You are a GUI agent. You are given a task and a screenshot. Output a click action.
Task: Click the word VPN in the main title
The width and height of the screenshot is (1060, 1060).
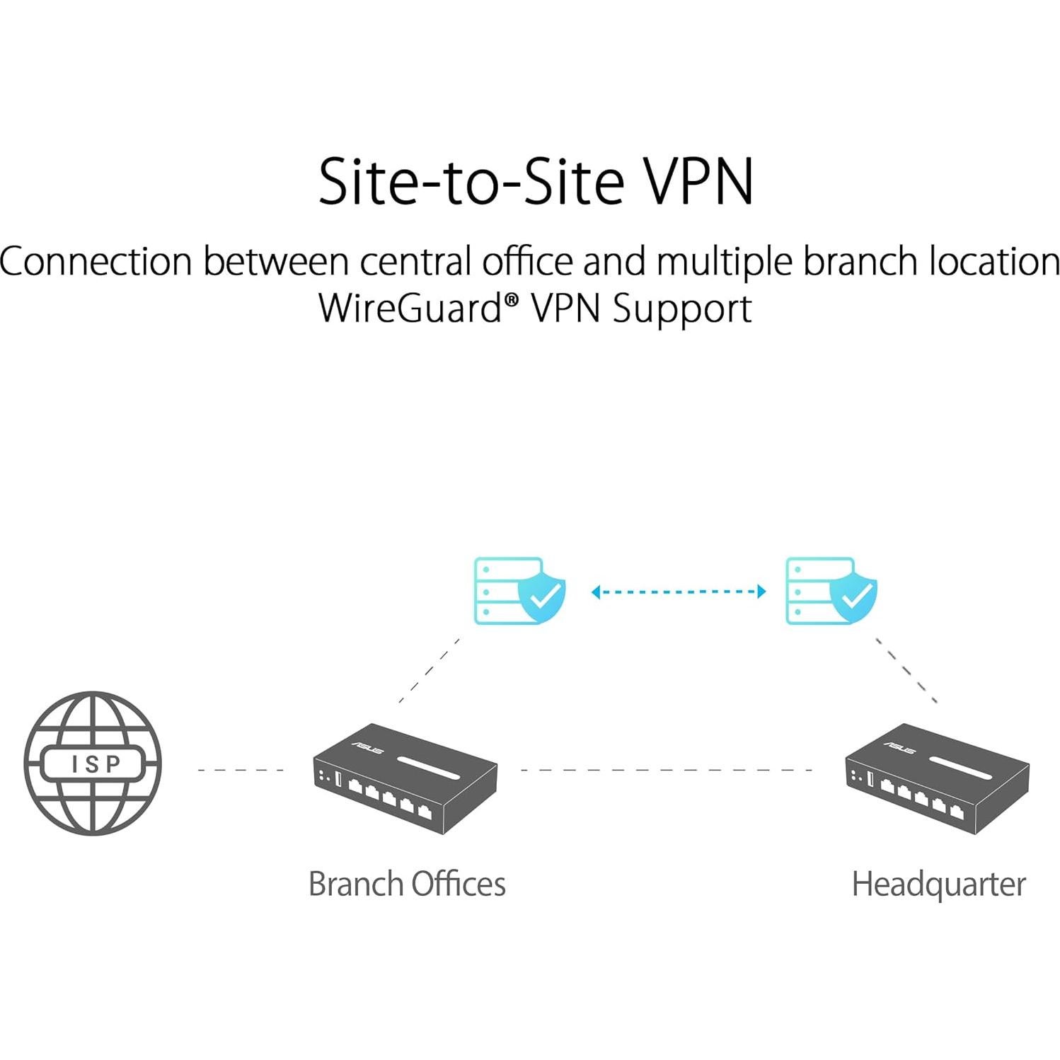click(x=697, y=182)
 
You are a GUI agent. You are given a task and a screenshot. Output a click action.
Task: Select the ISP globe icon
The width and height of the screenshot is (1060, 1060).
click(x=93, y=764)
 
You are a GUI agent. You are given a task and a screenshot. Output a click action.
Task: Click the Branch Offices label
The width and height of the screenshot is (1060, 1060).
click(x=407, y=884)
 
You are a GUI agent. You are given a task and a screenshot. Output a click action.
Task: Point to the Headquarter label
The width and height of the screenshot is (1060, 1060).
click(x=938, y=884)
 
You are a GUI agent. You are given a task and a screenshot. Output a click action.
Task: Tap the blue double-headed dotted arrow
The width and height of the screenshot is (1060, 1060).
click(x=679, y=592)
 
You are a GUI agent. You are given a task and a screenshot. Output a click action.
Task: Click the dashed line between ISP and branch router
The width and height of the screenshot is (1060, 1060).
click(x=241, y=770)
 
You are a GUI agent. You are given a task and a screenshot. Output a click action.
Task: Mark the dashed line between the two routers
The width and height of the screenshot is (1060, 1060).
click(x=665, y=770)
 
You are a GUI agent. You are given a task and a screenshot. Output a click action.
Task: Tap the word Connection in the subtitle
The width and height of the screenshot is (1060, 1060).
click(x=96, y=262)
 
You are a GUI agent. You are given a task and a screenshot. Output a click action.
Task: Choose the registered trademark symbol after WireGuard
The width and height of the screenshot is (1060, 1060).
click(x=512, y=299)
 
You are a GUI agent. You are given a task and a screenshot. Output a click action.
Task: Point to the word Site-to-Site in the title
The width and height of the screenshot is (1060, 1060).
click(x=471, y=182)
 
